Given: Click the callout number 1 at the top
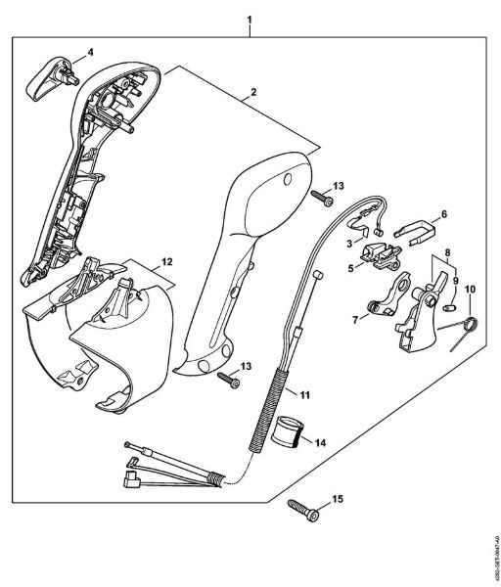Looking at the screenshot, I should [250, 19].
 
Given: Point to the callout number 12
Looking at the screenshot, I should [167, 261].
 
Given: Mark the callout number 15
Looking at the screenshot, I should [338, 500].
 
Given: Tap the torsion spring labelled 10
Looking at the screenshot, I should [468, 327].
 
